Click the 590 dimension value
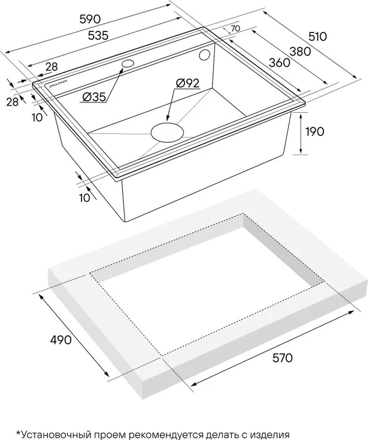[x=90, y=19]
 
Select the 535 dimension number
[x=98, y=36]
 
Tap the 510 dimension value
[x=318, y=36]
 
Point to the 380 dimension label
[x=300, y=52]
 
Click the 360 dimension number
[x=279, y=63]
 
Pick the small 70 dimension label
[x=235, y=29]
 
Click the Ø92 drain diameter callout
[x=187, y=84]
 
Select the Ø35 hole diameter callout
[x=94, y=97]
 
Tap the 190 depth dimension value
[x=315, y=131]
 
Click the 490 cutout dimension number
[x=61, y=340]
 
